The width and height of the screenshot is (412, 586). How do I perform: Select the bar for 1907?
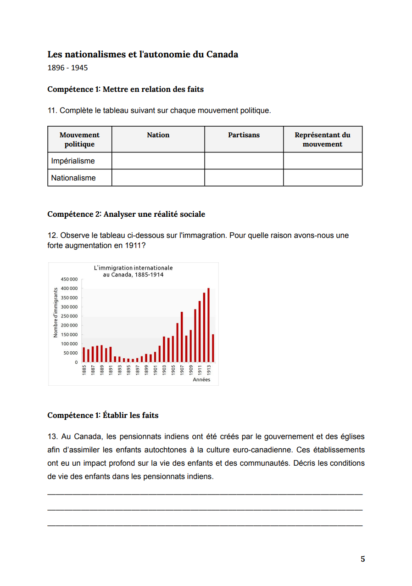[182, 337]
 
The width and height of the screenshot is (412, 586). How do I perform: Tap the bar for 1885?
[84, 355]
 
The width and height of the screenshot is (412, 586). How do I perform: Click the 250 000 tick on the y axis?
[69, 316]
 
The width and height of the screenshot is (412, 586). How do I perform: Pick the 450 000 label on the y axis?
[69, 279]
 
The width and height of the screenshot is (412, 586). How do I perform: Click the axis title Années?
[201, 380]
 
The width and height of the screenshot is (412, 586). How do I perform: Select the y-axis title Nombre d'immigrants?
[56, 312]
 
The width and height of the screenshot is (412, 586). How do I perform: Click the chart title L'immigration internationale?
[133, 268]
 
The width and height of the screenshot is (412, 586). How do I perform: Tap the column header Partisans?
[244, 135]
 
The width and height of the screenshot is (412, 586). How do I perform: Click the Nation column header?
[158, 135]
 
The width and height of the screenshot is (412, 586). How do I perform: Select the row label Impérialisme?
[73, 161]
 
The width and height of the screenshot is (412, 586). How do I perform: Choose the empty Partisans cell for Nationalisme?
[244, 178]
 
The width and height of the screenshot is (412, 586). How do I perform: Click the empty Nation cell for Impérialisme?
[158, 161]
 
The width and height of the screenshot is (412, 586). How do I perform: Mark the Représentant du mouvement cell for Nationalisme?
[323, 178]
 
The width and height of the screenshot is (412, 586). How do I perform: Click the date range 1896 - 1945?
[67, 68]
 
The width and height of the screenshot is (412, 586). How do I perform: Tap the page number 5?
[362, 559]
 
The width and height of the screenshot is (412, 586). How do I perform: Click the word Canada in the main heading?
[222, 54]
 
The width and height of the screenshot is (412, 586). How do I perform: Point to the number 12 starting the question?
[51, 236]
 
